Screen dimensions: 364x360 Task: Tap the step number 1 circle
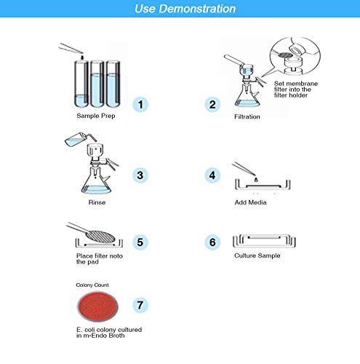tap(143, 104)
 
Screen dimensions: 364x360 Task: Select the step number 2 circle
tap(212, 104)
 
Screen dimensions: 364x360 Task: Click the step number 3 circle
tap(143, 175)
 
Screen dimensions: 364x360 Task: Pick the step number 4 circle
tap(212, 175)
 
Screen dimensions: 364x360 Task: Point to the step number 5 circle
tap(143, 242)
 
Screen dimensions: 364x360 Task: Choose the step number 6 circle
tap(212, 242)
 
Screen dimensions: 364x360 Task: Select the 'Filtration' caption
tap(247, 116)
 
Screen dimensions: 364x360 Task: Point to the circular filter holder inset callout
tap(289, 52)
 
